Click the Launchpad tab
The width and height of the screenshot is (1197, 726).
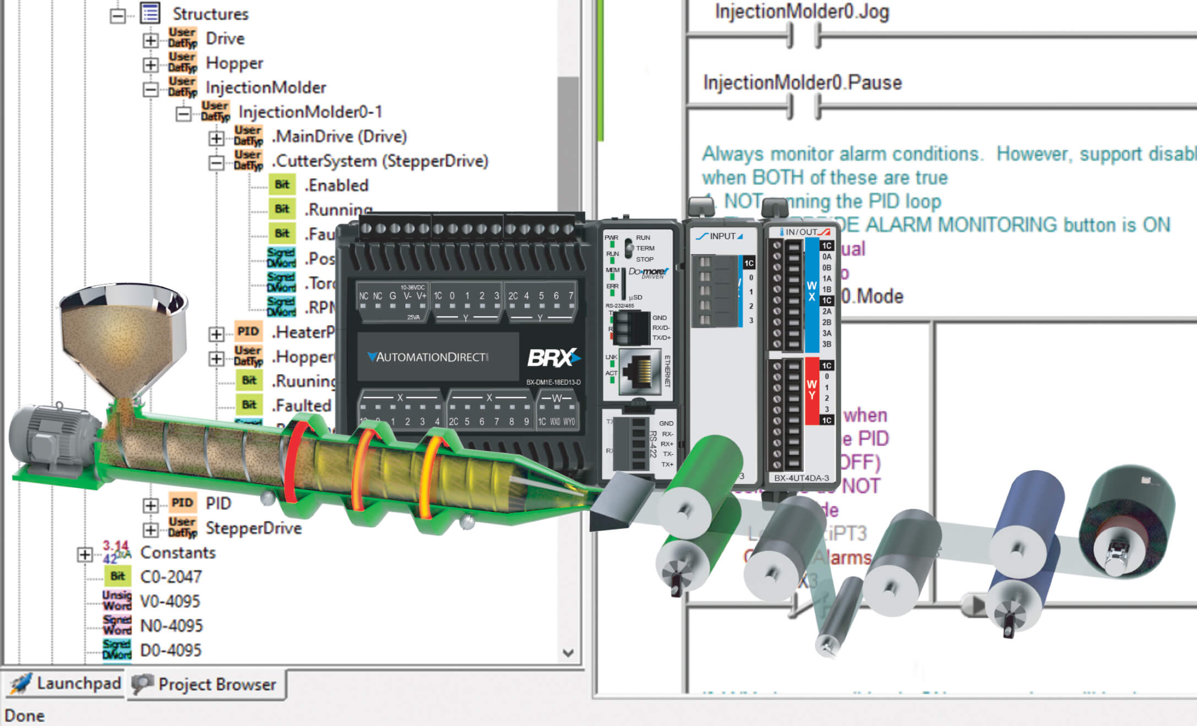point(78,683)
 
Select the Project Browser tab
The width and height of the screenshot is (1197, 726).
point(216,684)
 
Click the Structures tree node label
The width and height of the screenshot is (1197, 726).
point(210,14)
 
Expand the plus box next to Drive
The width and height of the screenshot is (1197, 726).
point(150,40)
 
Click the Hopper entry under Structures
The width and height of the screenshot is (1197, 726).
point(234,63)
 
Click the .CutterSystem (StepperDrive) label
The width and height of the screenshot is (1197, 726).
point(379,161)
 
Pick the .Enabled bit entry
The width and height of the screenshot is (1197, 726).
point(336,185)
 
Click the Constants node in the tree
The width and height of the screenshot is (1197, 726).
point(177,552)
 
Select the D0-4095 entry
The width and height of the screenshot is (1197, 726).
point(171,650)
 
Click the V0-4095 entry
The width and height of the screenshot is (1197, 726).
point(170,601)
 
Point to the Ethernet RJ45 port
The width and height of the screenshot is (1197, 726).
point(640,371)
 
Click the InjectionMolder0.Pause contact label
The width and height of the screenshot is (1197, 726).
point(802,82)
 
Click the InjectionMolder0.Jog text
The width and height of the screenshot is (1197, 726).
point(802,12)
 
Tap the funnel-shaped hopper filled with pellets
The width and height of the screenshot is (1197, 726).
point(124,335)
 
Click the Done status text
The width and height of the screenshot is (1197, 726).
point(25,716)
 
